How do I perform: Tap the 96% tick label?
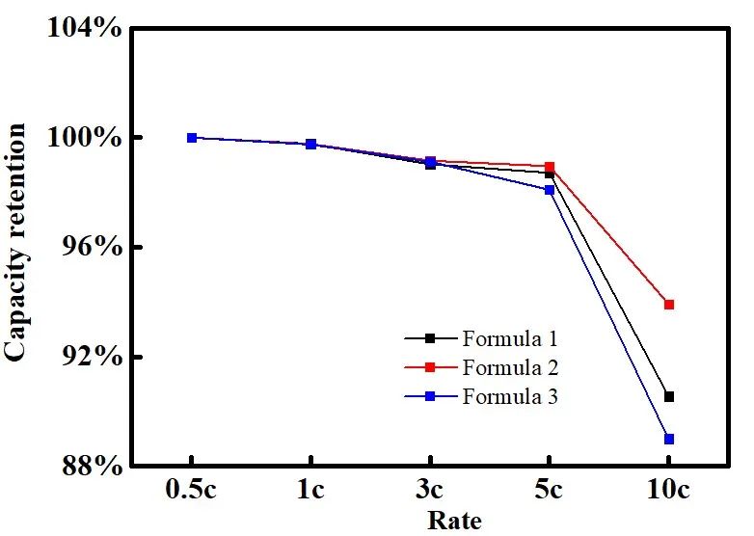tap(92, 248)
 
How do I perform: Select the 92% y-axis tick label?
tap(92, 358)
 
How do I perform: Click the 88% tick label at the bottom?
tap(92, 468)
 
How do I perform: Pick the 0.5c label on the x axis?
tap(192, 491)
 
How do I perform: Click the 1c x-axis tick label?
tap(310, 491)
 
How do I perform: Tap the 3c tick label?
tap(430, 491)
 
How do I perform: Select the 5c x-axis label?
tap(550, 491)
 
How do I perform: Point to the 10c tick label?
tap(668, 491)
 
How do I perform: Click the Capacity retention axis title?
tap(16, 246)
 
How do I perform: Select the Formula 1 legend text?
tap(510, 338)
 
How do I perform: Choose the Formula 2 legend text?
tap(510, 367)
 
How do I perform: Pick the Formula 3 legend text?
tap(510, 396)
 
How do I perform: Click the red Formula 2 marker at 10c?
tap(669, 305)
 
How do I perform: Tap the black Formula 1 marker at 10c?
tap(669, 396)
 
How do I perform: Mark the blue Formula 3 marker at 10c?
tap(669, 439)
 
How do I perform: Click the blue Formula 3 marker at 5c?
tap(550, 190)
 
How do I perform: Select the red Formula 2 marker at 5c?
tap(550, 167)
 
